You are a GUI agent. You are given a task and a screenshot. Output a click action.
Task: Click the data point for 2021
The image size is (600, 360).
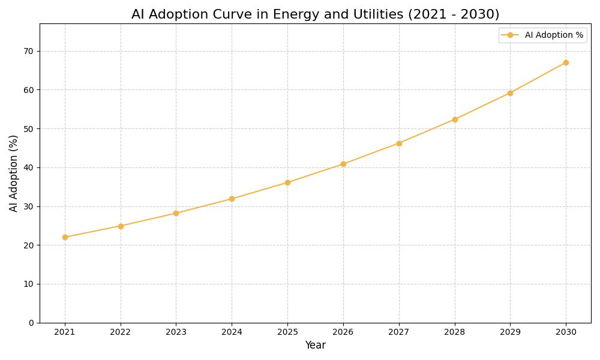pos(65,237)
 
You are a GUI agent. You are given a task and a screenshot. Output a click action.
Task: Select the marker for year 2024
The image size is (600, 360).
pos(232,199)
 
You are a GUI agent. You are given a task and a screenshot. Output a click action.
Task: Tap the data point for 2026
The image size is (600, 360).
pos(343,164)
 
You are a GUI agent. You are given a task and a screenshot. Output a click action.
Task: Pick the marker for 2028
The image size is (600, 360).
pos(455,119)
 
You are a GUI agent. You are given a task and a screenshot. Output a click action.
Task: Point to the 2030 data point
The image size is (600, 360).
pos(566,62)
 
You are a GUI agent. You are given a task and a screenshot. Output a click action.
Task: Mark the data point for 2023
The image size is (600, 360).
pos(176,213)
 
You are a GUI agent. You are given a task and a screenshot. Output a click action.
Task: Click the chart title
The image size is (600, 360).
pos(315,14)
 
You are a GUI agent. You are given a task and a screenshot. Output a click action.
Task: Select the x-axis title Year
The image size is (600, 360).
pos(315,346)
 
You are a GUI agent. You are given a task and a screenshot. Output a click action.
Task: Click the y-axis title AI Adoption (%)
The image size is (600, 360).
pos(14,173)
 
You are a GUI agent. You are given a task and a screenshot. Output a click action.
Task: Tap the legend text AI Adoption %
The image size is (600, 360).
pos(554,35)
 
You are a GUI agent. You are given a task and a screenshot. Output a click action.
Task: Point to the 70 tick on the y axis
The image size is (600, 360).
pos(29,51)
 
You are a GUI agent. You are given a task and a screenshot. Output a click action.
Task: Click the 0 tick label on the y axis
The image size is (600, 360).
pos(31,323)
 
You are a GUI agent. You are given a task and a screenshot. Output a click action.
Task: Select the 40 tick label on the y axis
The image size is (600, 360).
pos(29,167)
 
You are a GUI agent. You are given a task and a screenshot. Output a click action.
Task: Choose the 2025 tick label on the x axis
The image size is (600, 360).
pos(287,332)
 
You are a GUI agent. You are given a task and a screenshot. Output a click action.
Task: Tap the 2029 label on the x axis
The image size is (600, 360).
pos(510,332)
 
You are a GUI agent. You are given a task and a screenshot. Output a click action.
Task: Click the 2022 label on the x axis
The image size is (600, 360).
pos(121,332)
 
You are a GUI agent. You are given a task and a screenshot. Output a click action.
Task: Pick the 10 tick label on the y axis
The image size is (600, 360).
pos(29,284)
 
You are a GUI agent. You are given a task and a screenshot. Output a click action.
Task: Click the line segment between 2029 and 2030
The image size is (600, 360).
pos(538,77)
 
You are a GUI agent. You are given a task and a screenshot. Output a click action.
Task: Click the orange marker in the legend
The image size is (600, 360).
pos(510,35)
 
